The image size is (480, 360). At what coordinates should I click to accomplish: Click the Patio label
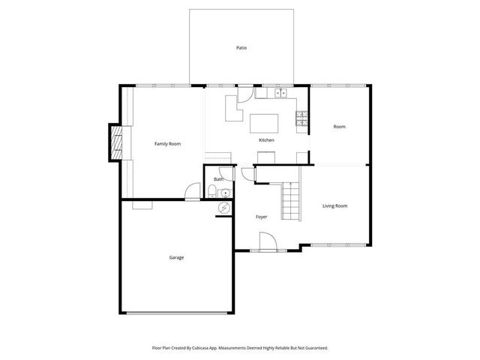coord(241,48)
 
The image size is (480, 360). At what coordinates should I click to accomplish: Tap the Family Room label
coord(167,143)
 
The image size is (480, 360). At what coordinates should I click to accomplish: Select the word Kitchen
coord(266,140)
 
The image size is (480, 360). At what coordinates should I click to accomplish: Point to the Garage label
coord(176,257)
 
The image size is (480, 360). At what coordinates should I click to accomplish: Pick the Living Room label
coord(334,205)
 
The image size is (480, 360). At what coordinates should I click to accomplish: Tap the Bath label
coord(218,179)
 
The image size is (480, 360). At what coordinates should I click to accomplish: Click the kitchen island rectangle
coord(264,122)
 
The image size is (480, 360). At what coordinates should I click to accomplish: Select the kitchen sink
coord(281,94)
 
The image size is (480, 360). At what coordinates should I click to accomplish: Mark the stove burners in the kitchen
coord(301,118)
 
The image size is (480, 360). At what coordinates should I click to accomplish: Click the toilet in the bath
coord(211,193)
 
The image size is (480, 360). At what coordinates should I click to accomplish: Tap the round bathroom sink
coord(225,193)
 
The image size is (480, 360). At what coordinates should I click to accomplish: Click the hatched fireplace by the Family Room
coord(116,142)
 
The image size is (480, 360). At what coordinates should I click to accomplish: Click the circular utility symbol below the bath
coord(223,208)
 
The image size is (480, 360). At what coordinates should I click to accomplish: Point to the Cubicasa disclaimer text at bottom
coord(240,347)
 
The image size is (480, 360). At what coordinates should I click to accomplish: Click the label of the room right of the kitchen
coord(339,127)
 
